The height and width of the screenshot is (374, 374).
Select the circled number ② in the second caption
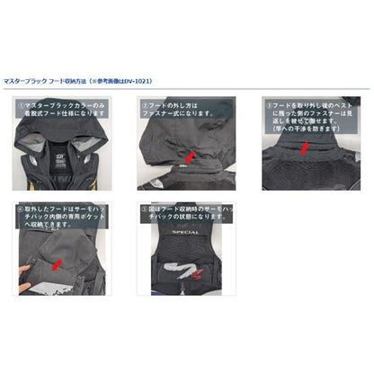[145, 105]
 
